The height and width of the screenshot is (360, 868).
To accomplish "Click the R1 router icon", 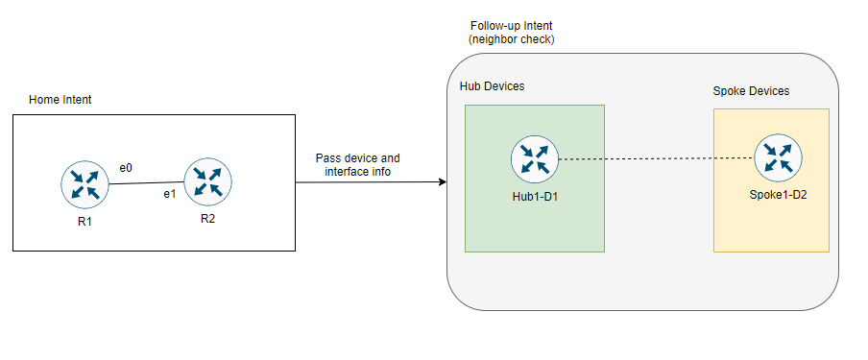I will (84, 185).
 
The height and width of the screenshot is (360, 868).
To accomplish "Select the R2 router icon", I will (208, 180).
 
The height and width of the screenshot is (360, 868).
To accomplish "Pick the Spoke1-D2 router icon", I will (779, 156).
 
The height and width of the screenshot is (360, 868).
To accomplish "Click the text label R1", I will (84, 224).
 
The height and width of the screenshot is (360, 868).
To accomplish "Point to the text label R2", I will (208, 219).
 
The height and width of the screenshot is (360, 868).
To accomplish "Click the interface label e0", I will (125, 167).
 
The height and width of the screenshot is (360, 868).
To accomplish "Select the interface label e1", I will (169, 195).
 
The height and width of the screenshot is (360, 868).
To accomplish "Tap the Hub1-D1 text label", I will (535, 197).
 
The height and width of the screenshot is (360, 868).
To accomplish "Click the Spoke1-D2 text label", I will (779, 195).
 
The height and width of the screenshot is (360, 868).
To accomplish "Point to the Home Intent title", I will (60, 99).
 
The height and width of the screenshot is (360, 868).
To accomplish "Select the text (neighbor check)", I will (512, 39).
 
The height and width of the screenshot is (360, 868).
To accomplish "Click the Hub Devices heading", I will (492, 86).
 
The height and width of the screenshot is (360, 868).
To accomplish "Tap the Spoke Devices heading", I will (751, 91).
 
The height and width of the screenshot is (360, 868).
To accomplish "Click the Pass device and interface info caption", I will (358, 164).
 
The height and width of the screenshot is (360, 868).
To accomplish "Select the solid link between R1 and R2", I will (146, 182).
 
